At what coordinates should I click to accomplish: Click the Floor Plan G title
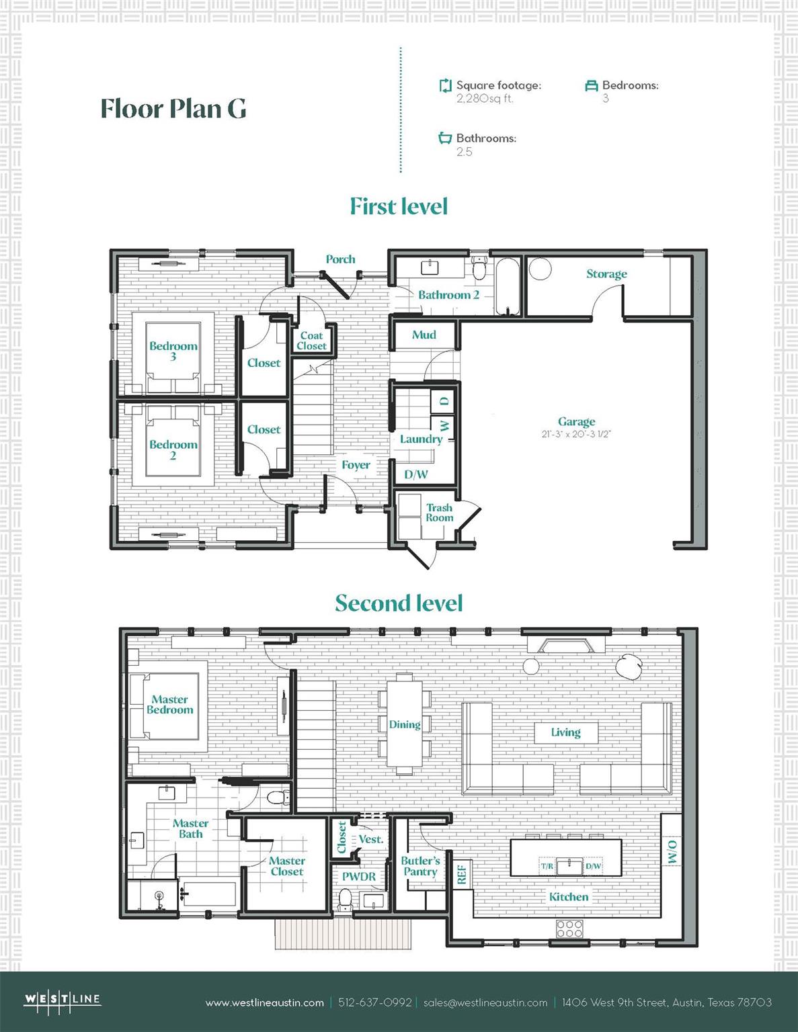coord(173,109)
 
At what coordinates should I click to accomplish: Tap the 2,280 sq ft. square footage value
coord(484,99)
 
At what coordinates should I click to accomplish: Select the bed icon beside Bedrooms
coord(592,86)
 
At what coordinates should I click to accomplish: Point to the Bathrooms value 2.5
coord(464,152)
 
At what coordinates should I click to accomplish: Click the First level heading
coord(399,206)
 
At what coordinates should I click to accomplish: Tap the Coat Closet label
coord(311,341)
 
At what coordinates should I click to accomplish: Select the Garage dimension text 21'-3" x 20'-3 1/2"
coord(576,434)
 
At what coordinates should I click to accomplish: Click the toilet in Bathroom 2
coord(479,269)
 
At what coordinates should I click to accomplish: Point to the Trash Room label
coord(439,513)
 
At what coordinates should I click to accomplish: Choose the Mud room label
coord(424,335)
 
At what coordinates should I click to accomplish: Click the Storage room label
coord(606,274)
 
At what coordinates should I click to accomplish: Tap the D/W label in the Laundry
coord(415,474)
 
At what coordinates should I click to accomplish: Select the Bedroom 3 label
coord(173,351)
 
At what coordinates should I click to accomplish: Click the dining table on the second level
coord(404,724)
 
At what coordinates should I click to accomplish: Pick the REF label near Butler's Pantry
coord(461,875)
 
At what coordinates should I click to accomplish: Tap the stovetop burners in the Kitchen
coord(569,929)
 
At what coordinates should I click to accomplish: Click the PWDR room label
coord(359,877)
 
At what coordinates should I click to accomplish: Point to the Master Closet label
coord(287,866)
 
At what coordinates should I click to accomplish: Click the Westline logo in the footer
coord(63,1000)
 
